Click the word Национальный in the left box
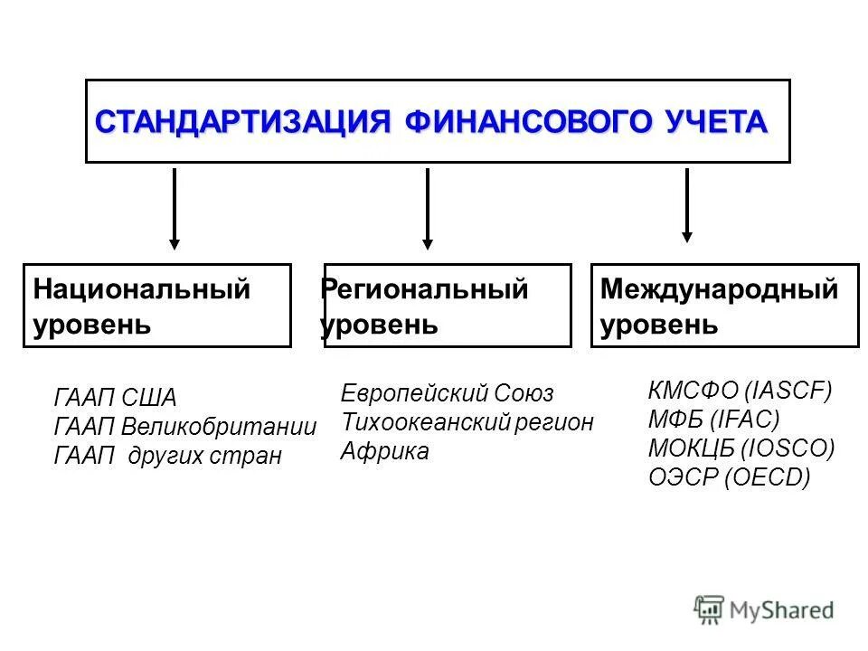tap(141, 290)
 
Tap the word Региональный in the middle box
tap(424, 290)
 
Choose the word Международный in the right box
tap(720, 290)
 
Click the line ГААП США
tap(116, 399)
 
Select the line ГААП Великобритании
tap(185, 427)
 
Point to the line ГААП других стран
tap(168, 456)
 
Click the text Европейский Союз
tap(447, 393)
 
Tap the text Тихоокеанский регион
tap(467, 422)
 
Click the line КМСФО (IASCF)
tap(740, 391)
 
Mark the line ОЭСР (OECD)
tap(730, 477)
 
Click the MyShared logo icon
tap(710, 609)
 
